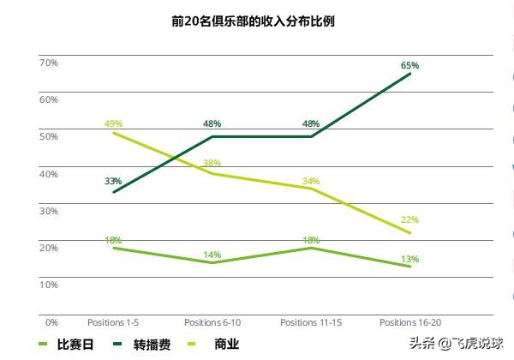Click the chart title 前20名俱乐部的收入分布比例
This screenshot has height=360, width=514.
(254, 20)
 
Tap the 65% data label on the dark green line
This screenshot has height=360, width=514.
(409, 65)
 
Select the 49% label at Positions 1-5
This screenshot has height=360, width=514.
(113, 124)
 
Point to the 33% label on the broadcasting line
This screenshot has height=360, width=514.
(113, 181)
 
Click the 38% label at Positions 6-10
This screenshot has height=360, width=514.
(212, 163)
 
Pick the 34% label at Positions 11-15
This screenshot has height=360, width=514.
(311, 181)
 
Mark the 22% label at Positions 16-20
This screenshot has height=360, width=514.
(409, 220)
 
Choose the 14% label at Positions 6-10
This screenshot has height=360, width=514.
(212, 255)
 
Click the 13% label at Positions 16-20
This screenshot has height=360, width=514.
(409, 259)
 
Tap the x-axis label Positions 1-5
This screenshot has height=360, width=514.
(113, 322)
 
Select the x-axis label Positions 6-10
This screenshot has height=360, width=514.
(212, 322)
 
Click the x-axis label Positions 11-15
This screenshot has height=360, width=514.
(311, 322)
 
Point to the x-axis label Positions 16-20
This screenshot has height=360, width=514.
(409, 322)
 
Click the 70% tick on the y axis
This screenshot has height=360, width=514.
(49, 63)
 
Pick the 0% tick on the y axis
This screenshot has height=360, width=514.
(51, 322)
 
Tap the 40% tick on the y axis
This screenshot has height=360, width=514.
(49, 174)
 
